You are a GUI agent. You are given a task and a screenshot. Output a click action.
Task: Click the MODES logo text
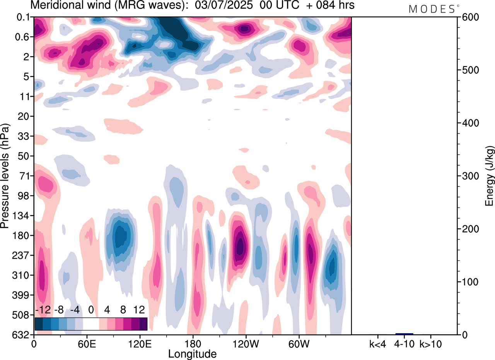pos(432,9)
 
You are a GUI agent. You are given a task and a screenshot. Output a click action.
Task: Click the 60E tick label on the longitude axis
pos(87,343)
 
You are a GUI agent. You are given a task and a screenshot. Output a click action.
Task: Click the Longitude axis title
pos(192,353)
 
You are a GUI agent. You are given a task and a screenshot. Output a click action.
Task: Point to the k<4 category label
pos(377,343)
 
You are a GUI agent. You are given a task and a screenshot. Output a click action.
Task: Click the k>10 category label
pos(431,343)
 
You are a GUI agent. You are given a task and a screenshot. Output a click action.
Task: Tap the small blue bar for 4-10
pos(404,334)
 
